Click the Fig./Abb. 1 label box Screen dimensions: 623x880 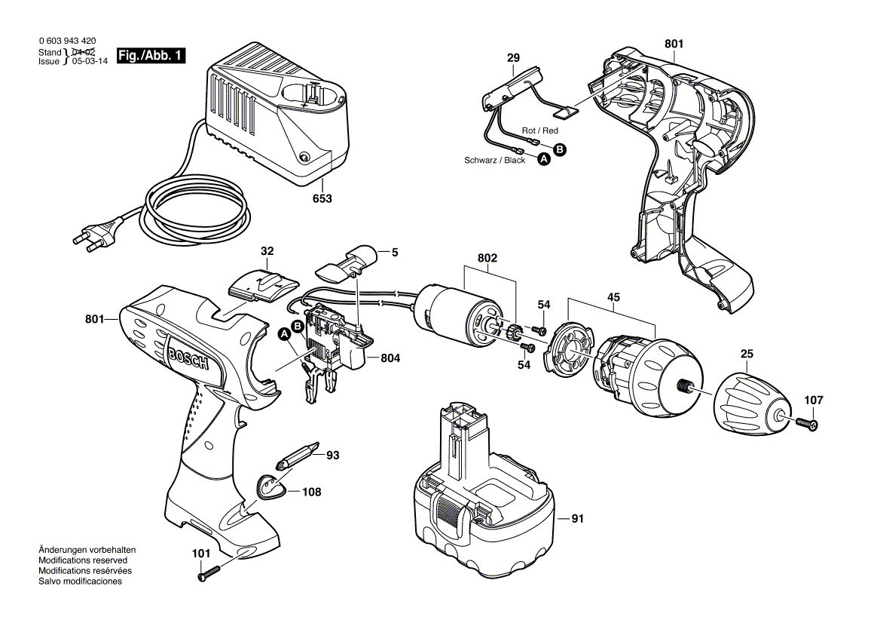[x=150, y=57]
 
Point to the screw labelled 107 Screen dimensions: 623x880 [x=807, y=425]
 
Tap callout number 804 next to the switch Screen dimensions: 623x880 [x=390, y=360]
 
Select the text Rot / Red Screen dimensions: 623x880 [x=540, y=130]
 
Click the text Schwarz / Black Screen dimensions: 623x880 [x=494, y=160]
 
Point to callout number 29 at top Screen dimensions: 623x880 [x=513, y=58]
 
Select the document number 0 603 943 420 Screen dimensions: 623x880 [x=66, y=41]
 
